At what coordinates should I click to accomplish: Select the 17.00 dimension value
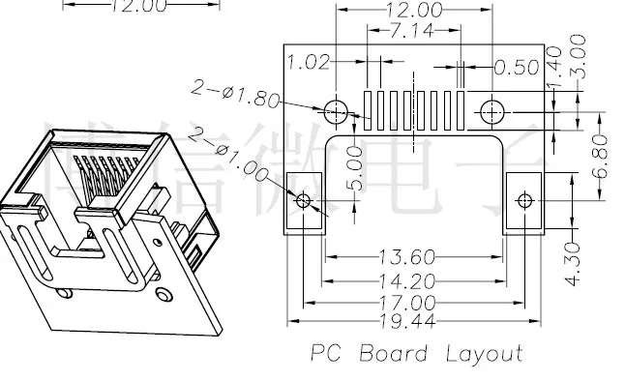pos(413,300)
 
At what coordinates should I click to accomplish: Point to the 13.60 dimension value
pos(413,257)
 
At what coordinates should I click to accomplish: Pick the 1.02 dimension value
pos(310,64)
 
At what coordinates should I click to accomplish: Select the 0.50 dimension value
pos(515,67)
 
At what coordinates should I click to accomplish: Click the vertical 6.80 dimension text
pos(602,154)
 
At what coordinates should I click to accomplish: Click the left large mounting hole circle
pos(335,111)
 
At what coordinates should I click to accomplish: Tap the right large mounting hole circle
pos(491,111)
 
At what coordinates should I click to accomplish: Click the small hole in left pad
pos(304,201)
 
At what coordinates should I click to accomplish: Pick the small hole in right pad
pos(523,201)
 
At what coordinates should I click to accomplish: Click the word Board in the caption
pos(395,354)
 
